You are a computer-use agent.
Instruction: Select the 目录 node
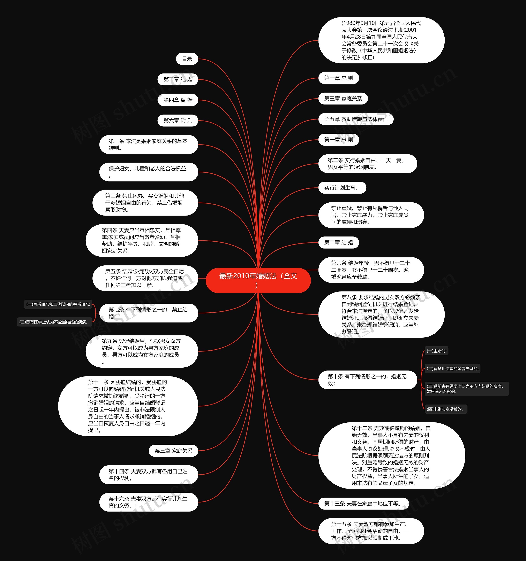click(187, 59)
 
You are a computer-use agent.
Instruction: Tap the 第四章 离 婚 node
click(178, 100)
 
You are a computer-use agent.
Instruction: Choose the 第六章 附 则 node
click(178, 120)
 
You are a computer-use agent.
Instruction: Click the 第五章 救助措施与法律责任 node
click(356, 119)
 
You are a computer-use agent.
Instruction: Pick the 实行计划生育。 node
click(342, 188)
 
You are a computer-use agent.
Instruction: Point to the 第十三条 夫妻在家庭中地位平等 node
click(363, 504)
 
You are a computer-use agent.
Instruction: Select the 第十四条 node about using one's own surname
click(148, 475)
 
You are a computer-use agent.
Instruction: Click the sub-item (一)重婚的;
click(436, 351)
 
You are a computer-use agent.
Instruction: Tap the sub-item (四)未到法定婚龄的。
click(445, 409)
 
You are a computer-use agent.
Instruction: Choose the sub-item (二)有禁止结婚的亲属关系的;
click(452, 368)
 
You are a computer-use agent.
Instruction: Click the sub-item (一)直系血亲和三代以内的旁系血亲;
click(58, 304)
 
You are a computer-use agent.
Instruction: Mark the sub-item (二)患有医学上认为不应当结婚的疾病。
click(54, 322)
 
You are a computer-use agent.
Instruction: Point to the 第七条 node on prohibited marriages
click(148, 313)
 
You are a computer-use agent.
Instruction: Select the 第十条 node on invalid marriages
click(367, 380)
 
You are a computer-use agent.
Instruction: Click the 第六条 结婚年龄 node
click(371, 270)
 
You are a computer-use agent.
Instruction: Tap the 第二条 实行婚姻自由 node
click(367, 164)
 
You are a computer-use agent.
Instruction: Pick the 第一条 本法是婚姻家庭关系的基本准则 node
click(148, 145)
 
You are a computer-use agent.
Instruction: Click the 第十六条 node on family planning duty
click(148, 502)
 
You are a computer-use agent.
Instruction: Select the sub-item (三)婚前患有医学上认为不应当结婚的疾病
click(466, 389)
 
